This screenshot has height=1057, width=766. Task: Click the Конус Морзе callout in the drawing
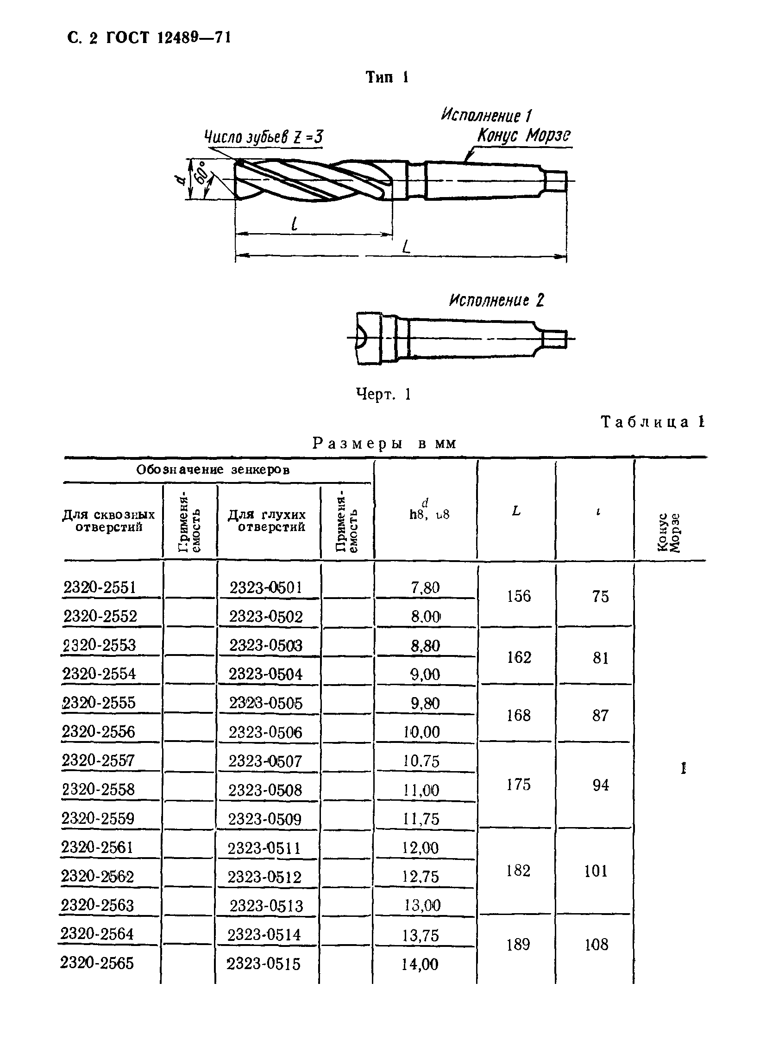pos(523,136)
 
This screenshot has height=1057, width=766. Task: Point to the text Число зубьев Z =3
pos(264,137)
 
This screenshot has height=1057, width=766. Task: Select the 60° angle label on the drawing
pos(202,173)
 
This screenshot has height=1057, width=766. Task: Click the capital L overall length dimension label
pos(406,246)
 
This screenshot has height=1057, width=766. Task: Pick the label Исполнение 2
pos(496,300)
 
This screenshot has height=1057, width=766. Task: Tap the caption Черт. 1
pos(383,394)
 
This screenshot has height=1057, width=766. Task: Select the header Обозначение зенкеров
pos(213,470)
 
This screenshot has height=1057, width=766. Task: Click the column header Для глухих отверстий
pos(267,520)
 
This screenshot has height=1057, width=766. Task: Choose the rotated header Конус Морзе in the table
pos(669,532)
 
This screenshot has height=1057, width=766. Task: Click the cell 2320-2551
pos(100,587)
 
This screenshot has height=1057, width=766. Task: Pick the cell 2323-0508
pos(265,790)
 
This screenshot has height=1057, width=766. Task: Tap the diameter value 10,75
pos(421,761)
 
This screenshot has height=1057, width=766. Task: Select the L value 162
pos(519,658)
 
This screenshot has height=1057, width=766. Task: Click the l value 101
pos(596,871)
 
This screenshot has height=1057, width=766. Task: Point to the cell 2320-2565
pos(97,963)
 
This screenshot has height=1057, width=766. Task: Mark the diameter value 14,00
pos(420,964)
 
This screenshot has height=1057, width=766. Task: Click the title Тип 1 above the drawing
pos(387,77)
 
